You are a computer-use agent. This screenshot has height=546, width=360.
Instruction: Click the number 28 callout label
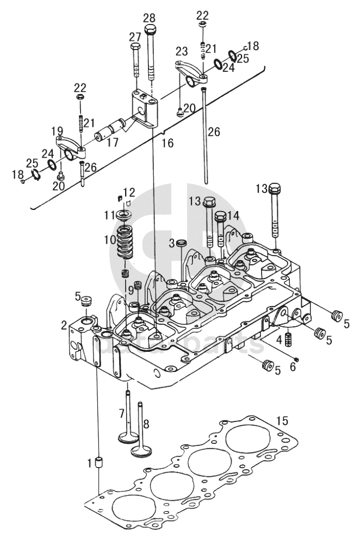pos(149,18)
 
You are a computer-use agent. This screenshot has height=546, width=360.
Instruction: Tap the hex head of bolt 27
pos(135,46)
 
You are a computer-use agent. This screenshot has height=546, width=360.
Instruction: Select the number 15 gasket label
pos(283,420)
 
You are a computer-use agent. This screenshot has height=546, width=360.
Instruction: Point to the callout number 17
pos(112,142)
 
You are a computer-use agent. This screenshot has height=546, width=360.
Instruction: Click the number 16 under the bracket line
pos(168,143)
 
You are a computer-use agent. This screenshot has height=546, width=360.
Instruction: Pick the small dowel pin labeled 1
pos(100,463)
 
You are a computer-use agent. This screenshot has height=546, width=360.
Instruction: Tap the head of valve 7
pos(128,437)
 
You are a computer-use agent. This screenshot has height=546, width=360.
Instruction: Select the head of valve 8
pos(141,452)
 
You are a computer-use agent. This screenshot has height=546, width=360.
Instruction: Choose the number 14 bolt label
pos(233,215)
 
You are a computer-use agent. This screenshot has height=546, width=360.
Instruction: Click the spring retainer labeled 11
pos(123,215)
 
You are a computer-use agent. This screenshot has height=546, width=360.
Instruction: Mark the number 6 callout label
pos(293,367)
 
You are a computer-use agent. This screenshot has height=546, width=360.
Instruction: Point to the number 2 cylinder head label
pos(64,325)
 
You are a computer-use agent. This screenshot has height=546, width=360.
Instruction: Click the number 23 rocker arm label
pos(182,51)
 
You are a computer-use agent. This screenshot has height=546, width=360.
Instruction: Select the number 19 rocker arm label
pos(57,131)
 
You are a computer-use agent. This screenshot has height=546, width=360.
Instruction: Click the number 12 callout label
pos(129,192)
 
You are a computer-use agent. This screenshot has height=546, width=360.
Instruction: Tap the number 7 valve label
pos(121,414)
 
